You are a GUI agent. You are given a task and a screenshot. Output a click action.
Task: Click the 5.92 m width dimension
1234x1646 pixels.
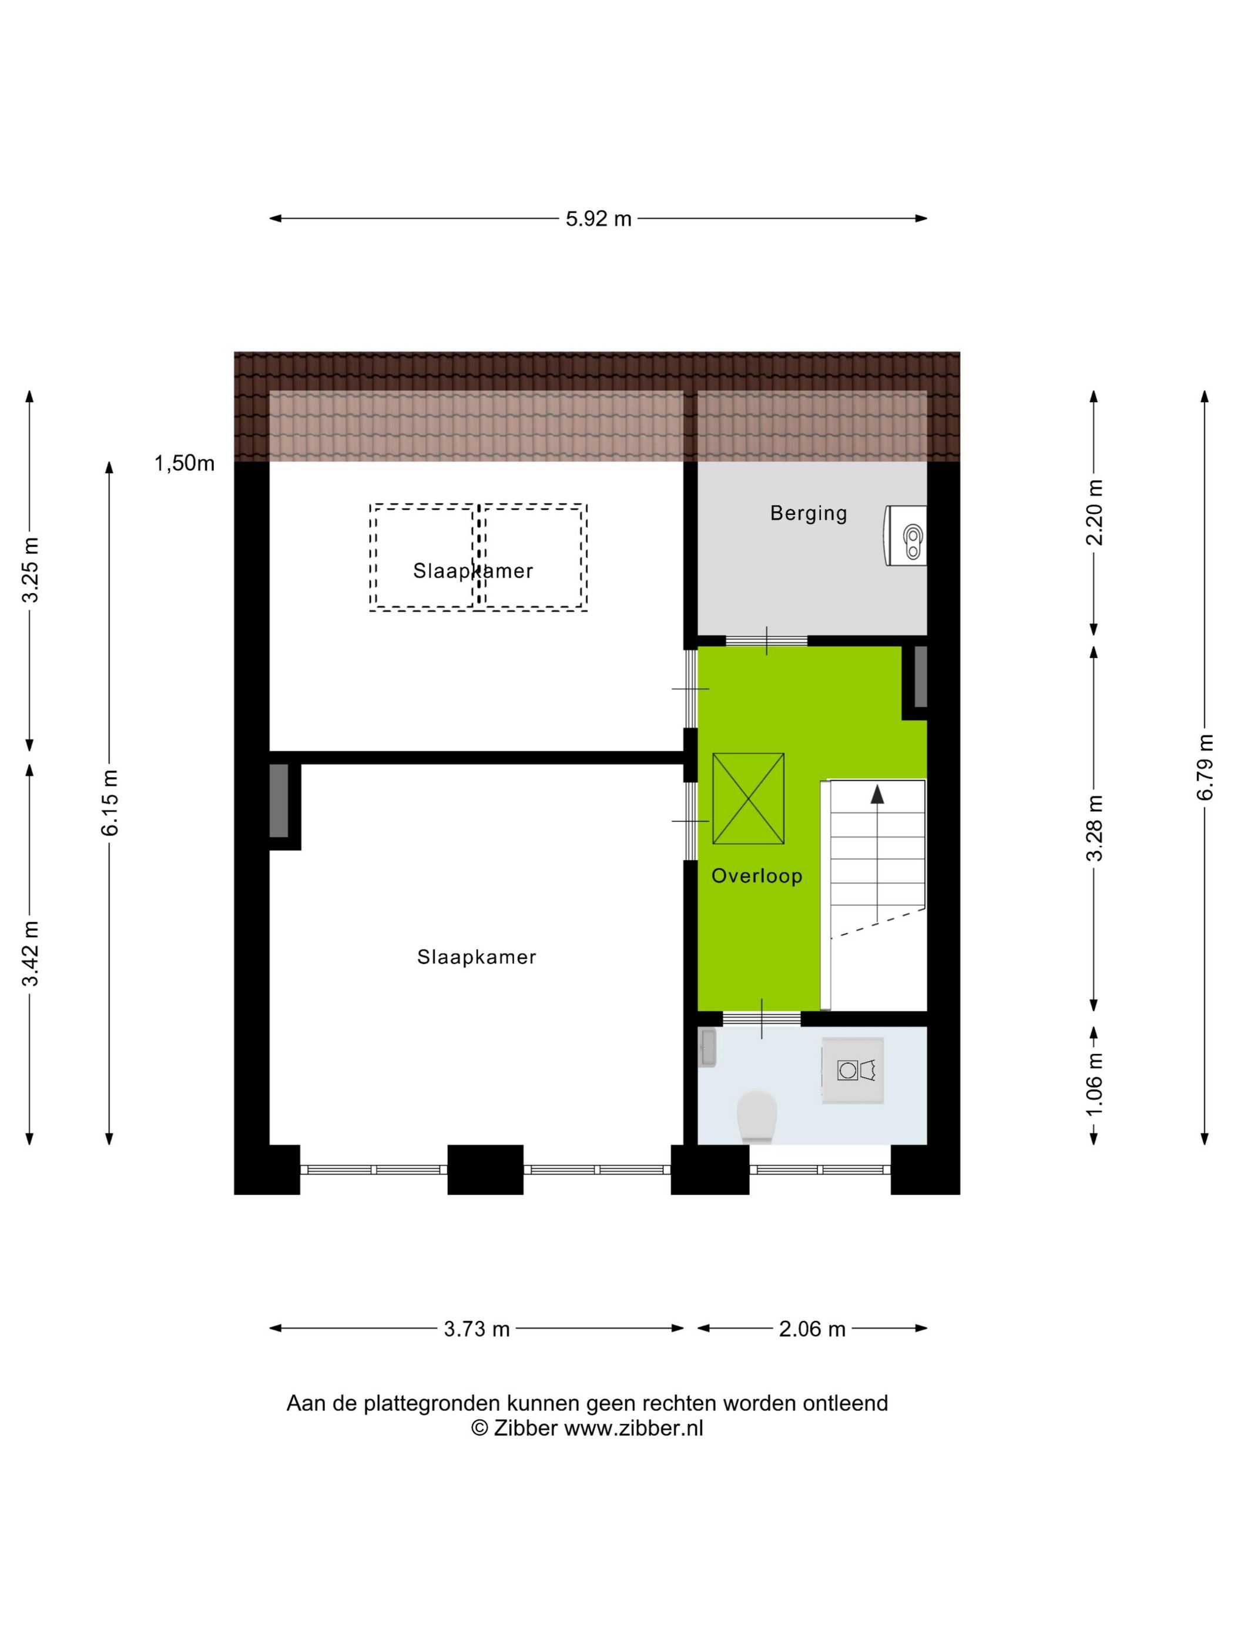coord(598,218)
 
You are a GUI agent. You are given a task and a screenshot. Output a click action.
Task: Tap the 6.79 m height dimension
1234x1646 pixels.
coord(1204,767)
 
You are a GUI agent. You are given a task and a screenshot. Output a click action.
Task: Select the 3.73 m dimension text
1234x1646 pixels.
coord(477,1328)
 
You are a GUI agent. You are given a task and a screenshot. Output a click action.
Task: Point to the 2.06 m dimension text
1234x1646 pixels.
coord(812,1328)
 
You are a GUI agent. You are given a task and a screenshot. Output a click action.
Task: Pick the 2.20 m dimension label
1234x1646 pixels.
coord(1094,513)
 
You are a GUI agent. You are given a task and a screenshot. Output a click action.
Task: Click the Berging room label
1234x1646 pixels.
coord(809,513)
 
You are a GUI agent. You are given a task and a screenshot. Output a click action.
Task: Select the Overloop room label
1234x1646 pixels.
coord(756,876)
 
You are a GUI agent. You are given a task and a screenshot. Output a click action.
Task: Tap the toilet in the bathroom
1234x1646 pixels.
coord(756,1116)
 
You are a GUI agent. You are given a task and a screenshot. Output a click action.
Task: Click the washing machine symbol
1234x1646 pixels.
coord(853,1070)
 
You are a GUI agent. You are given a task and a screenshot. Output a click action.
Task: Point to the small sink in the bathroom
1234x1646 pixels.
coord(707,1048)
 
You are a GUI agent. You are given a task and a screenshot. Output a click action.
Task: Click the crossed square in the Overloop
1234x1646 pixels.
coord(748,798)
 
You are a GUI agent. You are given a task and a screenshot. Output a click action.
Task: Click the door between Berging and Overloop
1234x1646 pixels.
coord(766,641)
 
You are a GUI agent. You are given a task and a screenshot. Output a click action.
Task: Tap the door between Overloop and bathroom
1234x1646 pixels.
coord(762,1018)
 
